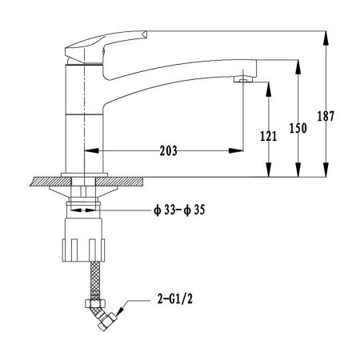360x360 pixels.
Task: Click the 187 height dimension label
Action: (x=326, y=116)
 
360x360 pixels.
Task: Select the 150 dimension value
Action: (x=298, y=128)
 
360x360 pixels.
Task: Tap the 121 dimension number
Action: (x=269, y=136)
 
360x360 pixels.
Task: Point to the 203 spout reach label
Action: (x=169, y=150)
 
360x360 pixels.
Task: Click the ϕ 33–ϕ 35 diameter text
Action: (x=179, y=210)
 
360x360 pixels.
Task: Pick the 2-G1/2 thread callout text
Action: (x=175, y=299)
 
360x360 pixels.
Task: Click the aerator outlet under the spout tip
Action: (x=243, y=79)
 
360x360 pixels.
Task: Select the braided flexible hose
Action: (x=95, y=281)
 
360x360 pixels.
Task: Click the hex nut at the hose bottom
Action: (x=95, y=303)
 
